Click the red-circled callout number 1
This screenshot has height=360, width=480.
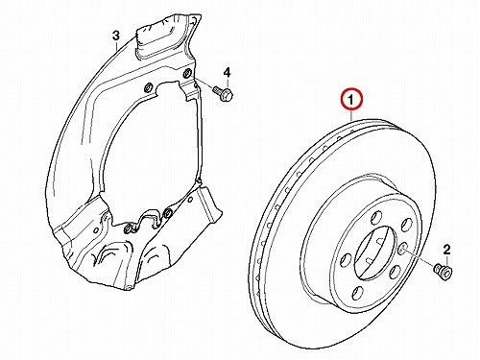click(351, 100)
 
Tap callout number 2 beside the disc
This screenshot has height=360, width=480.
click(446, 250)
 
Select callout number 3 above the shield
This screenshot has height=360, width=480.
click(116, 36)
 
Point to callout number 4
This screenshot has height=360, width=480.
click(227, 73)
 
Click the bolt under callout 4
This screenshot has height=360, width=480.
click(224, 92)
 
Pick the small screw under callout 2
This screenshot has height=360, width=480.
click(444, 272)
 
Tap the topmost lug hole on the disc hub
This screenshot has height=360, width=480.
click(375, 218)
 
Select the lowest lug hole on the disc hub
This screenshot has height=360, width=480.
click(358, 293)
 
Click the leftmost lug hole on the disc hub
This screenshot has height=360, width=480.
click(347, 259)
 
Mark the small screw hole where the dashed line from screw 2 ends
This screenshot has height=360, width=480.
click(403, 248)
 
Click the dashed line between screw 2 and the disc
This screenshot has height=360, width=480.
click(420, 257)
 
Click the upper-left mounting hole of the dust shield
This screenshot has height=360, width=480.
click(148, 87)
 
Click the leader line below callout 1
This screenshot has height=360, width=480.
click(351, 115)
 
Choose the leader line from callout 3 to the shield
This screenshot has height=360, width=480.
click(117, 44)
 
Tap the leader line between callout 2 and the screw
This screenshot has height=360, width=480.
click(446, 259)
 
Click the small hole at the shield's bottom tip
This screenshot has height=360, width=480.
click(128, 287)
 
